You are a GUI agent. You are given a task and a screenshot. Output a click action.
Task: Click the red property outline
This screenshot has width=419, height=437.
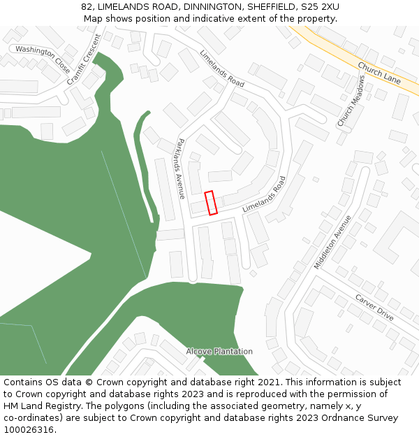pyautogui.click(x=210, y=202)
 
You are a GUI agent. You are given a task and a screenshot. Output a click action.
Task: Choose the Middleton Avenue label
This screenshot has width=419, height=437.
pyautogui.click(x=333, y=241)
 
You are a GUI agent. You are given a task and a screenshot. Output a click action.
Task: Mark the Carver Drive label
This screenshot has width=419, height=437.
pyautogui.click(x=374, y=307)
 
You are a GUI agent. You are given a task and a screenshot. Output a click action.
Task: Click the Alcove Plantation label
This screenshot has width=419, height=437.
pyautogui.click(x=219, y=351)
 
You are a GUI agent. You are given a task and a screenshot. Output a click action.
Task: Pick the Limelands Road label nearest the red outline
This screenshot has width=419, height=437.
pyautogui.click(x=265, y=194)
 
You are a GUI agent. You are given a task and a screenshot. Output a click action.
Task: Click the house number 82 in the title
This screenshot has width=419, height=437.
pyautogui.click(x=86, y=6)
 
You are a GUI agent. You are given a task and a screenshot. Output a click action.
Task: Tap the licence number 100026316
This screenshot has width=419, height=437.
pyautogui.click(x=29, y=430)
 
